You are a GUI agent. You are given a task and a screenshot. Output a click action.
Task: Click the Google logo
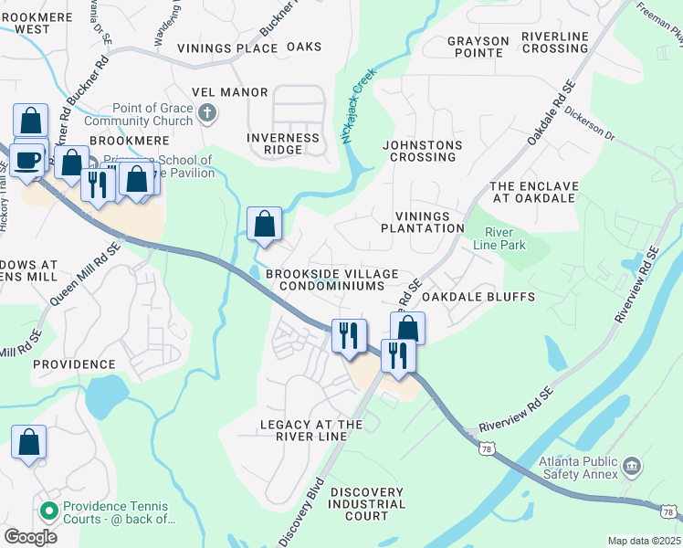point(30,537)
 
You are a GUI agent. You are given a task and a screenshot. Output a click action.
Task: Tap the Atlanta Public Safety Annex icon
point(631,468)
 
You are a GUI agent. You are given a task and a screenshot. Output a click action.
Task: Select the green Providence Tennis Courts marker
point(49,509)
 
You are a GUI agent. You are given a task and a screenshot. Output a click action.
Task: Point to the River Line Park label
point(505,239)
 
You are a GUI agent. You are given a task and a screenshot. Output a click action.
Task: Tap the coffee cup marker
point(26,161)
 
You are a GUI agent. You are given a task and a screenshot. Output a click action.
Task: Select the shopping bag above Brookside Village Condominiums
point(264,223)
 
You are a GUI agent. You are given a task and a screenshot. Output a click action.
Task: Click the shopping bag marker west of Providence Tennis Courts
point(28,442)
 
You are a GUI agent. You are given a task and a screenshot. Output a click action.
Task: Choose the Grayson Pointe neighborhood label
point(478,47)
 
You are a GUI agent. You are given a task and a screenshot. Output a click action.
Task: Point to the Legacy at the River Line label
point(311,430)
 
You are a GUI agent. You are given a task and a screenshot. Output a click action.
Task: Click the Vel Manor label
point(230,92)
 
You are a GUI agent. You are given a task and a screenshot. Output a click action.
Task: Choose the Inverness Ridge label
point(283,144)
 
